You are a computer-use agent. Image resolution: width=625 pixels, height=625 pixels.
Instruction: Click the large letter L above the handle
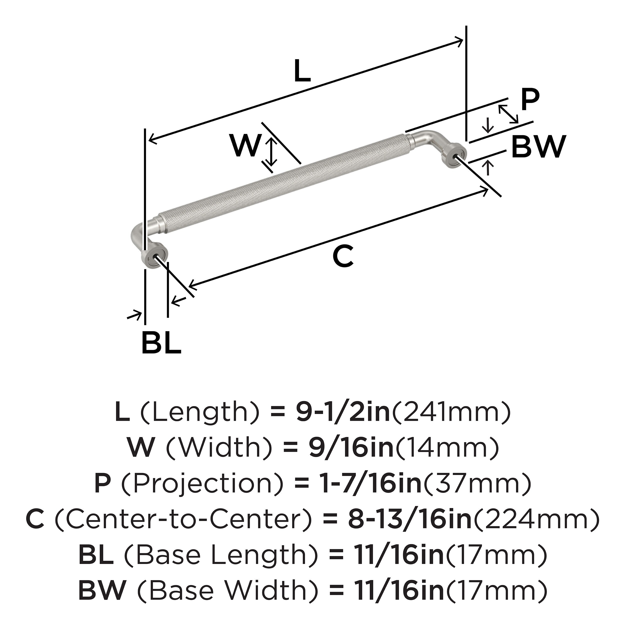click(x=302, y=72)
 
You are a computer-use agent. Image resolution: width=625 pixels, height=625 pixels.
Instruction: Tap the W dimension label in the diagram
click(x=246, y=145)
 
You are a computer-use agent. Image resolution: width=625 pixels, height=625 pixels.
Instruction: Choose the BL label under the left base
click(x=161, y=342)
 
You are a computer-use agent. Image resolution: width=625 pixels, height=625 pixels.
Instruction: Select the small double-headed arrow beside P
click(x=508, y=114)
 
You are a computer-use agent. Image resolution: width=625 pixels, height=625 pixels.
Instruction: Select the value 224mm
click(x=536, y=519)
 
